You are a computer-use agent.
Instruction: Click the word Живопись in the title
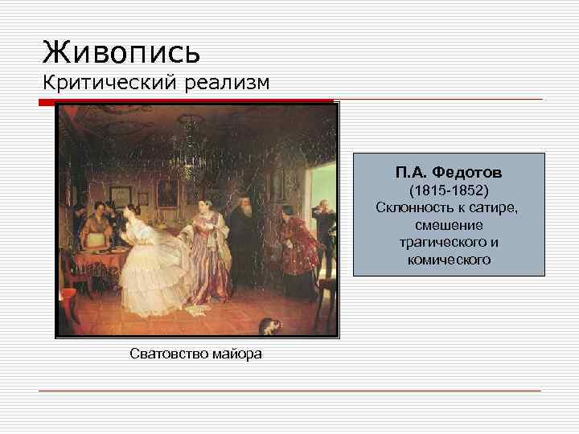click(x=121, y=52)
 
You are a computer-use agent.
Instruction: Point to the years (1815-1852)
click(x=450, y=191)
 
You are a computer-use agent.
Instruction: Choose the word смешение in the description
click(x=449, y=226)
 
